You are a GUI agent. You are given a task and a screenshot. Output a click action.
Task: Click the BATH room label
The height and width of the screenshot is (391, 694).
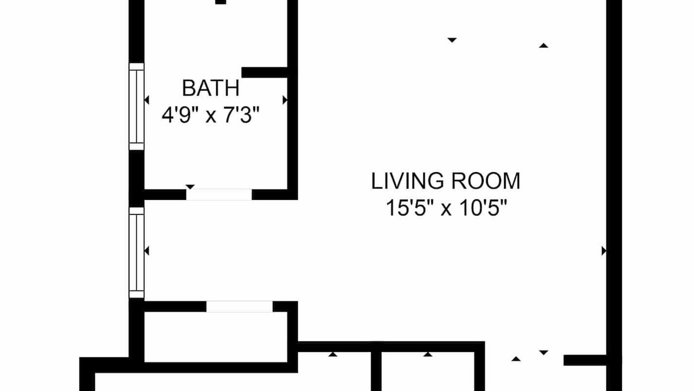(x=211, y=88)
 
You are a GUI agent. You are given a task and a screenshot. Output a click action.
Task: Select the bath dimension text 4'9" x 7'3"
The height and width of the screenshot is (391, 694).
(x=210, y=115)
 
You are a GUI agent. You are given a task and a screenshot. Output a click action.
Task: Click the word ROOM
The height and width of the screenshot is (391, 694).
(x=485, y=181)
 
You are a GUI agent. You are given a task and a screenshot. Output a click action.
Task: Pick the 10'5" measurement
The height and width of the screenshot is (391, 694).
(x=483, y=207)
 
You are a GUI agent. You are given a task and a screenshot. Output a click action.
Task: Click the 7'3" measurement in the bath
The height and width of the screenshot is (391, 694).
(x=241, y=115)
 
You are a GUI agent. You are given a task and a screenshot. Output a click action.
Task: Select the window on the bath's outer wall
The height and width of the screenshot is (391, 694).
(x=137, y=107)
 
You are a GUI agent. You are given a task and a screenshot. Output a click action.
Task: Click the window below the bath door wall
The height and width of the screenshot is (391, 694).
(x=137, y=253)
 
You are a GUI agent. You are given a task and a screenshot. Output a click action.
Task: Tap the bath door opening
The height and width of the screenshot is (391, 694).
(x=219, y=194)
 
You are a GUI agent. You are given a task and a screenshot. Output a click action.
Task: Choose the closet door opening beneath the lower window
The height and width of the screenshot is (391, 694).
(x=240, y=307)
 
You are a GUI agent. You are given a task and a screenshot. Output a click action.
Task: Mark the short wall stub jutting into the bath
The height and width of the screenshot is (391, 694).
(x=265, y=72)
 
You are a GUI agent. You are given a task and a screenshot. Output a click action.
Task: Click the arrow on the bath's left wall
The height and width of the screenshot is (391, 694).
(x=147, y=100)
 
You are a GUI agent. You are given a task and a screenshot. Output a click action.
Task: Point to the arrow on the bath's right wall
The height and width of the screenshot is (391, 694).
(x=285, y=100)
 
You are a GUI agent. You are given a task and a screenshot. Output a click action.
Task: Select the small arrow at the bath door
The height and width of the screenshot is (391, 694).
(x=190, y=186)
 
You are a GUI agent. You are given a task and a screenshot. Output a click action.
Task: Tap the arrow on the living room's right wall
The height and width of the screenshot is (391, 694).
(x=604, y=251)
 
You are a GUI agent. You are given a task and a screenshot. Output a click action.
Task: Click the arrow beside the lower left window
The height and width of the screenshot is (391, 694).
(x=147, y=251)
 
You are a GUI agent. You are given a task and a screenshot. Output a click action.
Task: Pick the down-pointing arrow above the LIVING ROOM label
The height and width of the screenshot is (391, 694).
(x=452, y=40)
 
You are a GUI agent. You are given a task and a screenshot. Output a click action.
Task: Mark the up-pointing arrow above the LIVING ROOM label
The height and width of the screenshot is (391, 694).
(x=543, y=46)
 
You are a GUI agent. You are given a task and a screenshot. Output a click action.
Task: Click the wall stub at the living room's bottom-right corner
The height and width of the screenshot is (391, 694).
(x=585, y=360)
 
